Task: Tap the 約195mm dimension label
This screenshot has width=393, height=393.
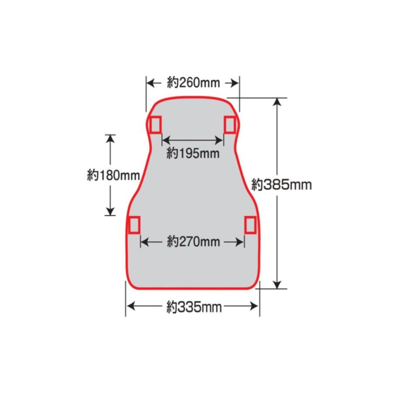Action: pos(193,153)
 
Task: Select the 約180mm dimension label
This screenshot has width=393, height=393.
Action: pos(113,176)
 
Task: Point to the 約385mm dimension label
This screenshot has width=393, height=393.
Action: pos(282,185)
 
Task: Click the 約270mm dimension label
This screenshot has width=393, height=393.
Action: pos(193,241)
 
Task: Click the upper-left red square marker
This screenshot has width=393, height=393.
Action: pos(155,124)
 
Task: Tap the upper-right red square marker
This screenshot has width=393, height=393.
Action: pos(230,124)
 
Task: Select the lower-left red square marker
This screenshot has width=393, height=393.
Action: pos(134,225)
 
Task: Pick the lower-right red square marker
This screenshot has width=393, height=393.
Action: pos(250,225)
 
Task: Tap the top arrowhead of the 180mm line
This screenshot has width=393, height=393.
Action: pos(110,138)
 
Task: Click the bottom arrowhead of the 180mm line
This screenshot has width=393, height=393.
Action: pos(110,211)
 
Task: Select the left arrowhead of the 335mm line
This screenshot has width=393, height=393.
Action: pos(130,306)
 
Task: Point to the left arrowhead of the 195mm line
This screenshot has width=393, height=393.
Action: pos(165,140)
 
